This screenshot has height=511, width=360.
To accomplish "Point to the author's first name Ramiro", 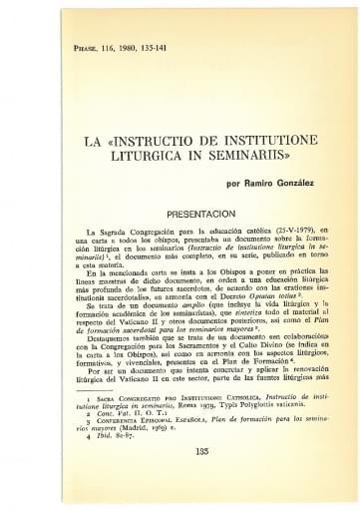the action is [262, 185].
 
